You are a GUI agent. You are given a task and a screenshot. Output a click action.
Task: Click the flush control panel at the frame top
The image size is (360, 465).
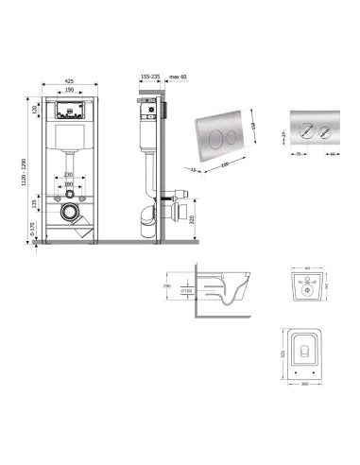tap(72, 108)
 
